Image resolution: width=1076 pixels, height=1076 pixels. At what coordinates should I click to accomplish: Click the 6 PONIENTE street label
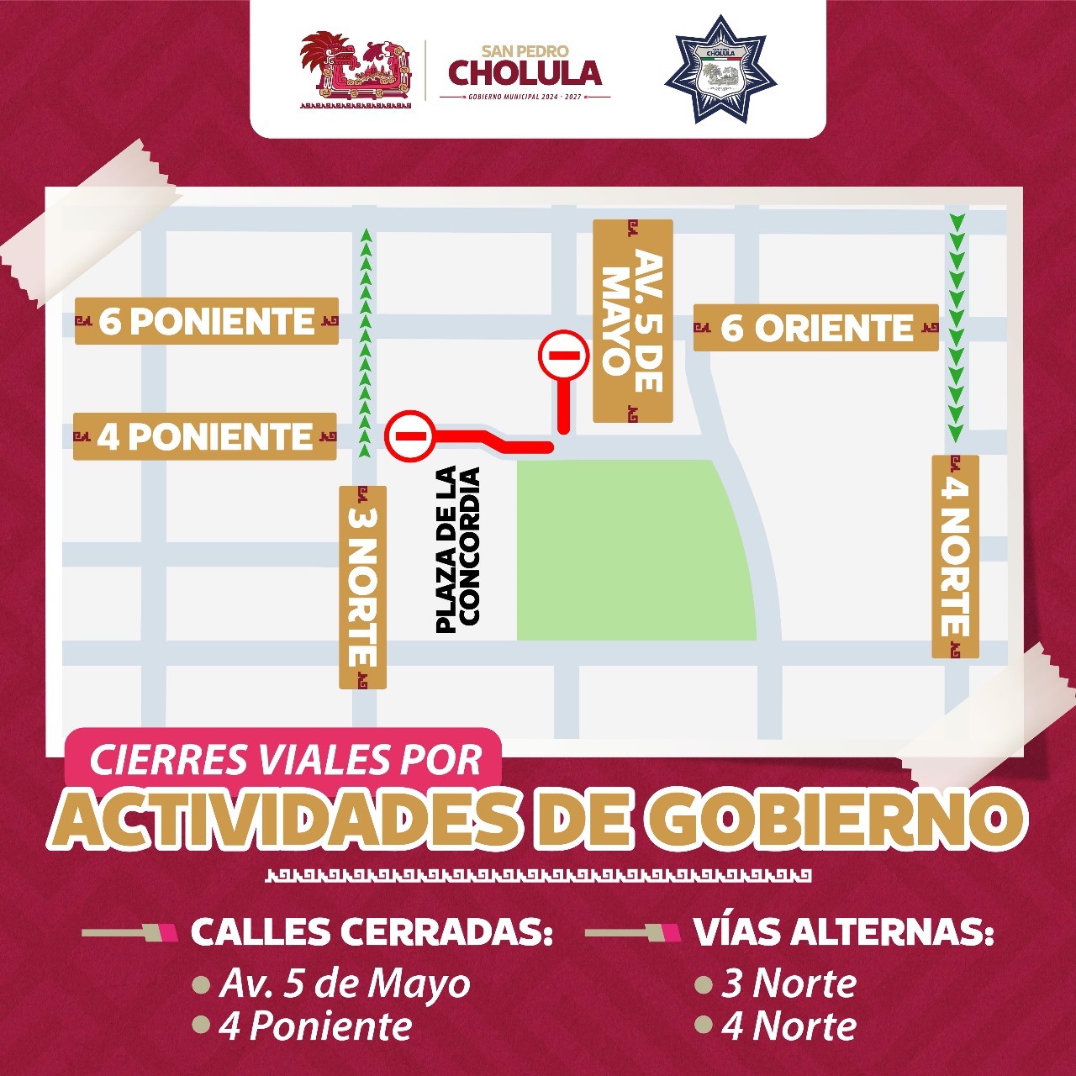[x=207, y=321]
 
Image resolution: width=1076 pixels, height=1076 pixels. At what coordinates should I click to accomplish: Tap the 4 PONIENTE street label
[x=205, y=437]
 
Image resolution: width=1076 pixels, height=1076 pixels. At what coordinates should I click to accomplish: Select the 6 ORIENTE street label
[x=815, y=328]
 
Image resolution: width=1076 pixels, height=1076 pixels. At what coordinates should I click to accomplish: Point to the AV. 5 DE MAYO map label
[x=633, y=321]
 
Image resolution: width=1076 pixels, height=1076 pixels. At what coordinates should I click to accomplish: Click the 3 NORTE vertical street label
[x=362, y=587]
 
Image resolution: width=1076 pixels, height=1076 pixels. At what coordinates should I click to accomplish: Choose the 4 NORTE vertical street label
[x=955, y=556]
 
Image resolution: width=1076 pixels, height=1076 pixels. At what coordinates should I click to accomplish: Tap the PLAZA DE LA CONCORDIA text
[x=458, y=550]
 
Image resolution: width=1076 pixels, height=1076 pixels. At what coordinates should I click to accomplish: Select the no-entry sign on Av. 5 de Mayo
[x=563, y=355]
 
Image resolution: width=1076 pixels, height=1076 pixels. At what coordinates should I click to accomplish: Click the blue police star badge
[x=720, y=69]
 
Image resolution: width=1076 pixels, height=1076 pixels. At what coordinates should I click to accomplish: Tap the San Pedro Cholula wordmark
[x=525, y=71]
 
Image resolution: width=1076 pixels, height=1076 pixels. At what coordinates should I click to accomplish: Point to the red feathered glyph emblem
[x=356, y=71]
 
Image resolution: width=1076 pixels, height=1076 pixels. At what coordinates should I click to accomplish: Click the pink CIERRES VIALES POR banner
[x=284, y=760]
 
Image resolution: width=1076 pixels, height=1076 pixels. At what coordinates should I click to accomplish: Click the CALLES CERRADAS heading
[x=372, y=932]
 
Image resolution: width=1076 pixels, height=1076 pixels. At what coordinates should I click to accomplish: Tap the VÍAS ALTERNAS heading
[x=843, y=932]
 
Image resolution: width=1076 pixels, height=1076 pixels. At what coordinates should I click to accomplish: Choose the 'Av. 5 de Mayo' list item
[x=345, y=984]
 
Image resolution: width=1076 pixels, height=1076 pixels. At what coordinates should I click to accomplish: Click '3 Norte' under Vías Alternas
[x=789, y=984]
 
